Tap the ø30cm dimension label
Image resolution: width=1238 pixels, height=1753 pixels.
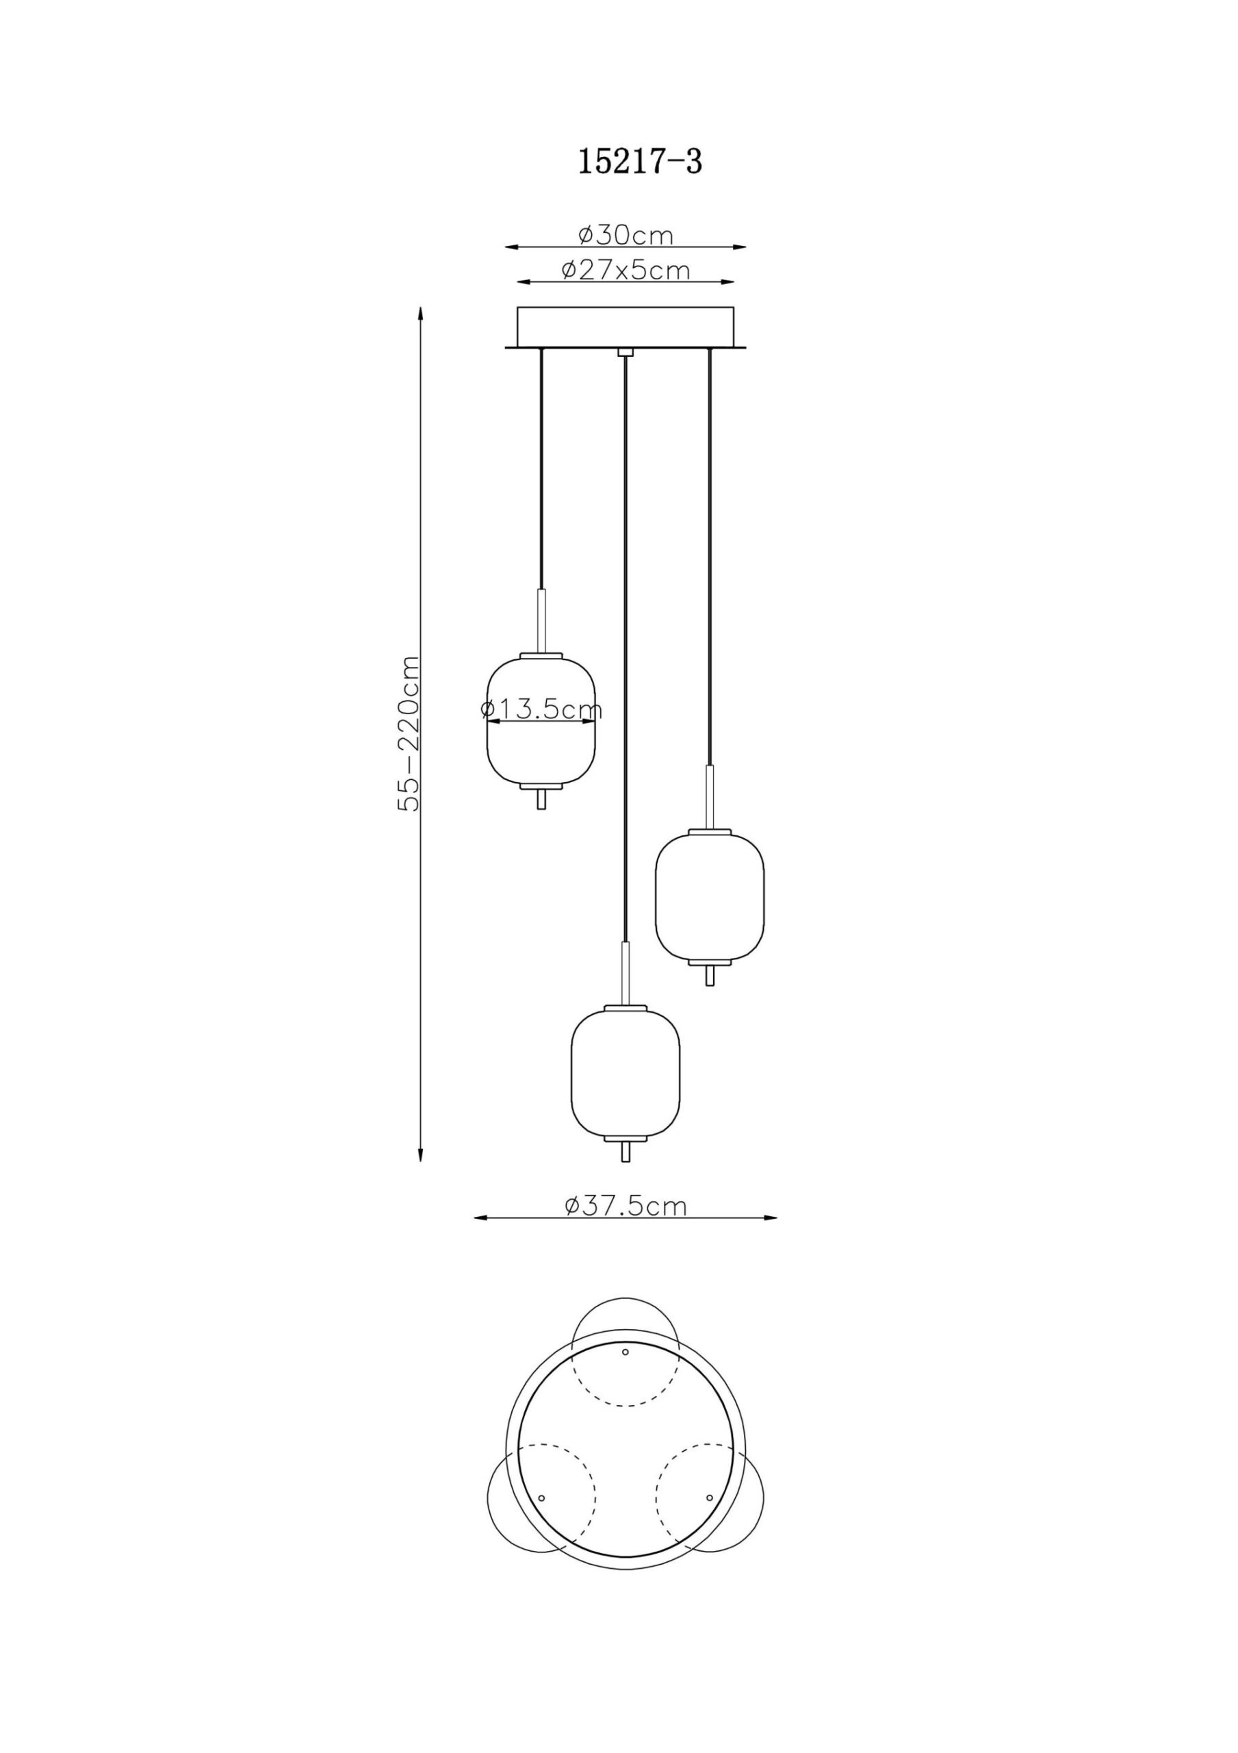coord(626,235)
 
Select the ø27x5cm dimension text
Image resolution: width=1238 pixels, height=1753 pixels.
coord(626,270)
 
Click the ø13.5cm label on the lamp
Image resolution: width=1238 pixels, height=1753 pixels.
coord(541,709)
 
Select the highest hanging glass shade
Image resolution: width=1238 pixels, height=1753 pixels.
coord(541,722)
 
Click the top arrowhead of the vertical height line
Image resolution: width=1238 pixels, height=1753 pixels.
coord(419,313)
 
